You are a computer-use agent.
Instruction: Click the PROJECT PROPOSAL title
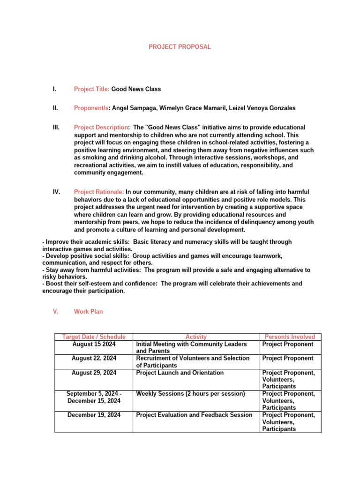click(x=180, y=47)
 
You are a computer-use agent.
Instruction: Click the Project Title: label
click(x=92, y=89)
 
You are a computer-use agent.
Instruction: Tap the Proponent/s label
click(x=91, y=108)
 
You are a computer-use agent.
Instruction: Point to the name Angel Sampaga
click(x=135, y=108)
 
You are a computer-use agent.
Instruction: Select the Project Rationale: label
click(x=99, y=192)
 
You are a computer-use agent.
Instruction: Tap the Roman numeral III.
click(x=56, y=127)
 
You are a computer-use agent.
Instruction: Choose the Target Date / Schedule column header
click(x=94, y=337)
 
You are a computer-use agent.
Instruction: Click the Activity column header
click(x=196, y=337)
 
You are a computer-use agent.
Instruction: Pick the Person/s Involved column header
click(x=290, y=337)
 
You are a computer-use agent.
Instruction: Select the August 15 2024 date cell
click(x=94, y=344)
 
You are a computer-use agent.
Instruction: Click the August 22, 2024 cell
click(x=94, y=358)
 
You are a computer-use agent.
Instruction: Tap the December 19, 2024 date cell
click(x=94, y=415)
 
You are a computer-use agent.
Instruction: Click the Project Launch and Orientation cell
click(x=180, y=373)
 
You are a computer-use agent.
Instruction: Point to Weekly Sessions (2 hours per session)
click(x=190, y=394)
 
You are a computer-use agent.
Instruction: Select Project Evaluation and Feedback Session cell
click(x=194, y=415)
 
